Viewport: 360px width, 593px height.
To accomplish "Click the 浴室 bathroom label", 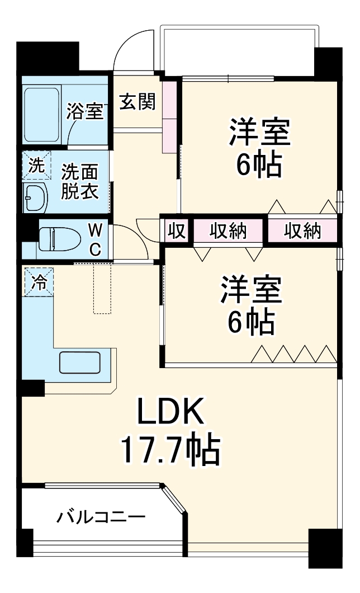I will pyautogui.click(x=85, y=111).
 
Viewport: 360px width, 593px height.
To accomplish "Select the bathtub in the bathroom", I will pyautogui.click(x=43, y=115).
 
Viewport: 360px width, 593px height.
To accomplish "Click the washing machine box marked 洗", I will pyautogui.click(x=36, y=165).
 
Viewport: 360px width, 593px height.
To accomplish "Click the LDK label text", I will pyautogui.click(x=168, y=415).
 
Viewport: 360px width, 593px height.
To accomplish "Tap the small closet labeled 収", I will pyautogui.click(x=177, y=231).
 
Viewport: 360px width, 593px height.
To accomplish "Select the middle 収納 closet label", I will pyautogui.click(x=228, y=231).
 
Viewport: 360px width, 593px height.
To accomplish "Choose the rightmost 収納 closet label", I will pyautogui.click(x=302, y=231).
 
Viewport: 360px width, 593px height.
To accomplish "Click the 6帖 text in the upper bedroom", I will pyautogui.click(x=258, y=164).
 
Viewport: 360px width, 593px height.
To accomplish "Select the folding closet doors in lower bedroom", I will pyautogui.click(x=293, y=354).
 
